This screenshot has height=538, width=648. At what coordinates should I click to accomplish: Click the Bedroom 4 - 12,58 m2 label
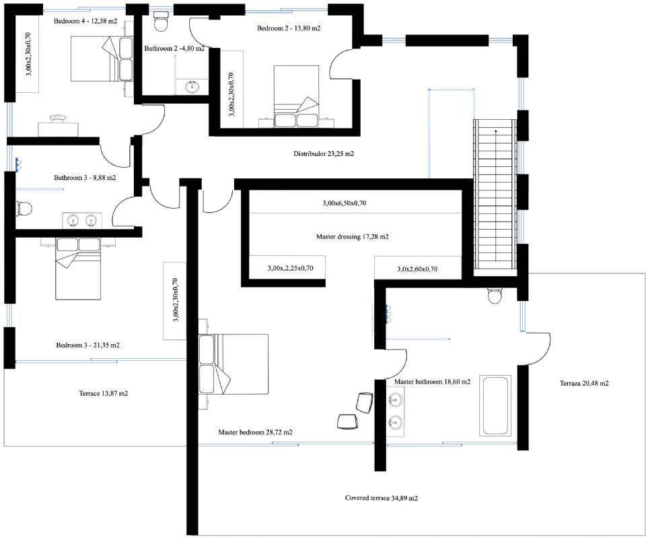(x=85, y=21)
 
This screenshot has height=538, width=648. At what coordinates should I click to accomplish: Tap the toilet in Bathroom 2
(x=160, y=22)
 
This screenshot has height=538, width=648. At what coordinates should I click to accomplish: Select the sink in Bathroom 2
(x=192, y=87)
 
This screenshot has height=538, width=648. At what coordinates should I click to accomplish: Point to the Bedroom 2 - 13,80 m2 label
(x=289, y=28)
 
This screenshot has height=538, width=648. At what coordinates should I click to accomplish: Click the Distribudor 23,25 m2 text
(x=324, y=154)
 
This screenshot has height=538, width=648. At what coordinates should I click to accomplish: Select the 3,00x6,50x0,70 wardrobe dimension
(x=345, y=203)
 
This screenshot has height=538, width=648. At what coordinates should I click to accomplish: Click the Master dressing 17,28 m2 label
(x=352, y=237)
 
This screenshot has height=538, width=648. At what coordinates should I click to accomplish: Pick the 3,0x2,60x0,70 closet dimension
(x=417, y=269)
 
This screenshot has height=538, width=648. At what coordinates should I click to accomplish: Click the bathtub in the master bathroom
(x=495, y=405)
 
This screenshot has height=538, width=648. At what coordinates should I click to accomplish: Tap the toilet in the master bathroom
(x=495, y=295)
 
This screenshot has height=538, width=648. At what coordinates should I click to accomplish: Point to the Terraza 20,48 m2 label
(x=584, y=383)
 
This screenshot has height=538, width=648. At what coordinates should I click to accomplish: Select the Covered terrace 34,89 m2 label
(x=381, y=498)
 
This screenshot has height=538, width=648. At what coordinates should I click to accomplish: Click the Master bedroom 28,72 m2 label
(x=256, y=432)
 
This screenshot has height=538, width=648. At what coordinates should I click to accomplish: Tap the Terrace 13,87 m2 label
(x=104, y=394)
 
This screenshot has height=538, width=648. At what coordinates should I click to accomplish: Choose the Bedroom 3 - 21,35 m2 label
(x=88, y=345)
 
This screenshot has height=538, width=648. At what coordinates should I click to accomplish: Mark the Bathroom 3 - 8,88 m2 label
(x=85, y=178)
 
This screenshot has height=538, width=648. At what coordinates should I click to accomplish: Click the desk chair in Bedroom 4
(x=59, y=118)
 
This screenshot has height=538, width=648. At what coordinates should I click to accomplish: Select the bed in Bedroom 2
(x=296, y=96)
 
